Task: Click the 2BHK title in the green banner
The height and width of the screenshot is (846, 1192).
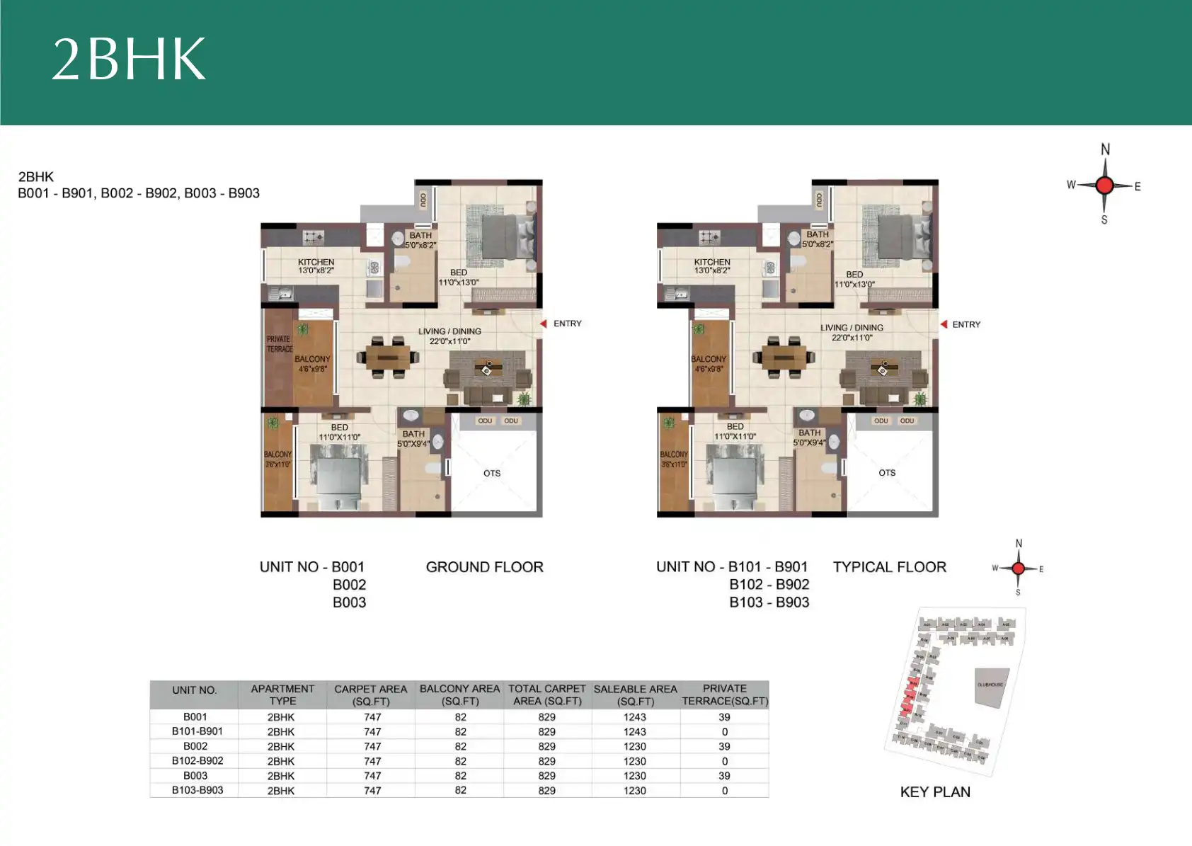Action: pos(129,59)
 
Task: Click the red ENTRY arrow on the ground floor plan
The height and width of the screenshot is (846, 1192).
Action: pos(544,324)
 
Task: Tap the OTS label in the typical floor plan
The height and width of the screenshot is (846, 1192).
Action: pos(887,473)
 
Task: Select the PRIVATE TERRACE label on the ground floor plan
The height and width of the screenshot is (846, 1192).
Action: pos(279,344)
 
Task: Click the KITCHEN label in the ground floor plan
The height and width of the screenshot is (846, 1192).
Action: pos(316,266)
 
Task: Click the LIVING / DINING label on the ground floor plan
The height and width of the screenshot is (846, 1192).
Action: pos(449,336)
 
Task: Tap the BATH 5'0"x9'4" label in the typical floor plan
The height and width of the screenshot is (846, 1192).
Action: pos(809,438)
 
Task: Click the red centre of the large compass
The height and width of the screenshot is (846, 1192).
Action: pos(1104,185)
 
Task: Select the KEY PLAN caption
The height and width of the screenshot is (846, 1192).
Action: pos(935,792)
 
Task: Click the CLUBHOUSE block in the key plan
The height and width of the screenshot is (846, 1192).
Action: pos(990,686)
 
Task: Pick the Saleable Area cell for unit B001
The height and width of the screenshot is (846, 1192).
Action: pos(635,717)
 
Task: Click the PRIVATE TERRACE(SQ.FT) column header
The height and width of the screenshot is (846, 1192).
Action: pos(725,694)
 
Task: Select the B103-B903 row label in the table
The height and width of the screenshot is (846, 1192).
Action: pos(197,790)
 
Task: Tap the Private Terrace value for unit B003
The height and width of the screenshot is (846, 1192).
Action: pos(724,776)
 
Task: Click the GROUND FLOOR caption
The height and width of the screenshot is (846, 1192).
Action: pos(484,567)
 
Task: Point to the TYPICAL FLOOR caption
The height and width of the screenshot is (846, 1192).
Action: pos(889,567)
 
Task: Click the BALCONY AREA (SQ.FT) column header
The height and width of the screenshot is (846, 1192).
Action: pos(459,694)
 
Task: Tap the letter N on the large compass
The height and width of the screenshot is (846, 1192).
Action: pos(1105,149)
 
